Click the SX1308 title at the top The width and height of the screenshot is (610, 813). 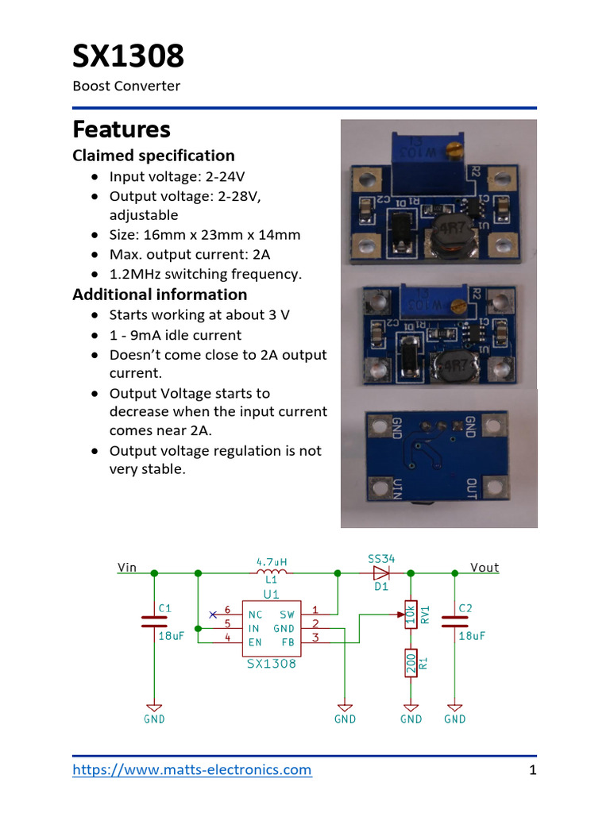click(x=128, y=57)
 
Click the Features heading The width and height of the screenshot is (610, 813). click(x=122, y=129)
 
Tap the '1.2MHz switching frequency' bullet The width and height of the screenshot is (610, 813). click(x=206, y=274)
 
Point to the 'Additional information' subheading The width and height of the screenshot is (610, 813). click(x=160, y=295)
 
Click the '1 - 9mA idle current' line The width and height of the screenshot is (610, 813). click(x=176, y=335)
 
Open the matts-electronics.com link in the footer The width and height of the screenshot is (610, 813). click(x=192, y=769)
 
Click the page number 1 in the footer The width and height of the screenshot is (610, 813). click(x=533, y=770)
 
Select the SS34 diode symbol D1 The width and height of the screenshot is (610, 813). click(x=381, y=572)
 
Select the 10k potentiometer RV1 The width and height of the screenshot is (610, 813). click(x=411, y=615)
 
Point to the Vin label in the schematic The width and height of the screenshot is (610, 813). click(x=127, y=568)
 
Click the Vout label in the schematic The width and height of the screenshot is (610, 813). click(x=484, y=568)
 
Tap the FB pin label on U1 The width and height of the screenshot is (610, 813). click(x=287, y=642)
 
